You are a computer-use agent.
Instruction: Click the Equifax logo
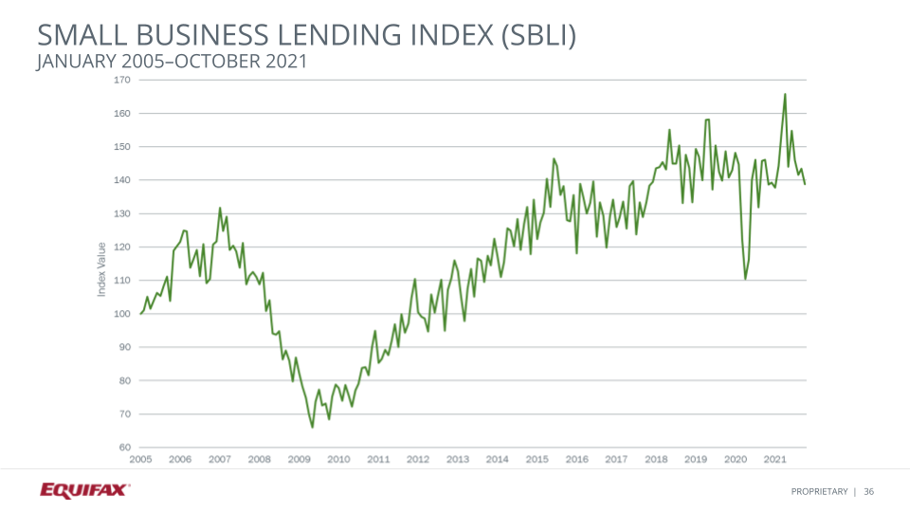(84, 490)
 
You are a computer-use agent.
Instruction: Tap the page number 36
(868, 491)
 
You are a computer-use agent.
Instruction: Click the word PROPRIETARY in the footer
(820, 491)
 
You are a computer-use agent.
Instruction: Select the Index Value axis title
(101, 269)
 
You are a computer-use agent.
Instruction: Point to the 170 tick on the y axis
(122, 80)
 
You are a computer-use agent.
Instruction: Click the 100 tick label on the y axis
(122, 314)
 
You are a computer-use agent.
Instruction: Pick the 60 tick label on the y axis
(124, 448)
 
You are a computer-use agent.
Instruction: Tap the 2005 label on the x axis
(140, 459)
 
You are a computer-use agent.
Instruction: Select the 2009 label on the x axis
(300, 459)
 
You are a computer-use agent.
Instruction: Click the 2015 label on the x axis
(537, 459)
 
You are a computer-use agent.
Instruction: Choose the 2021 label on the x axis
(774, 459)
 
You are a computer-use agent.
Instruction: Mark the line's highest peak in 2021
(785, 94)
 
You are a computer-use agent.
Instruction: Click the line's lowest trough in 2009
(312, 428)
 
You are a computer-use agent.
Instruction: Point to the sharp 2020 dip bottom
(746, 279)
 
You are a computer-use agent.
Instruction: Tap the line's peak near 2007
(220, 208)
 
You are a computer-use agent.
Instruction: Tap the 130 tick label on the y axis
(122, 213)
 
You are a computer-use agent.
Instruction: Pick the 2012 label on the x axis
(418, 459)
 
